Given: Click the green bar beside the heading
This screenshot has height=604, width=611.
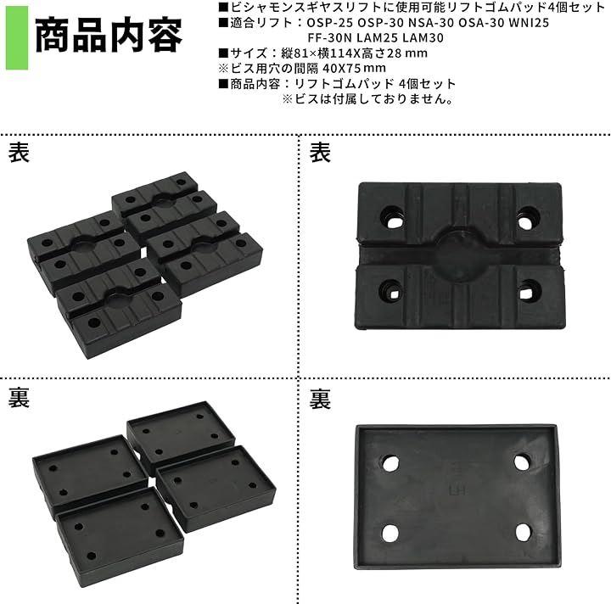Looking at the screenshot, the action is pyautogui.click(x=17, y=38).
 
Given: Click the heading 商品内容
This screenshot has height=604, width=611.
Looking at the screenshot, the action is pyautogui.click(x=109, y=36).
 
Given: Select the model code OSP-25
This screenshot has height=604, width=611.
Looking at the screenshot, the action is pyautogui.click(x=330, y=23).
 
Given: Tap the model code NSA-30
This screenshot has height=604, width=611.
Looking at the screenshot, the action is pyautogui.click(x=431, y=23).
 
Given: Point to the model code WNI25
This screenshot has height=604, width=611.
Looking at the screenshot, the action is pyautogui.click(x=529, y=23).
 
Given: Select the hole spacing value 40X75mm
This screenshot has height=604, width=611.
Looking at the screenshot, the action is pyautogui.click(x=355, y=68).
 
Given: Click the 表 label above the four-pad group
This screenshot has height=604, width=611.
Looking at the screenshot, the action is pyautogui.click(x=19, y=152).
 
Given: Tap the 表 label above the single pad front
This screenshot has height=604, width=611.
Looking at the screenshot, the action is pyautogui.click(x=320, y=152).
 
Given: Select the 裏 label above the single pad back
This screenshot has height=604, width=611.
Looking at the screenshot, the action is pyautogui.click(x=320, y=400).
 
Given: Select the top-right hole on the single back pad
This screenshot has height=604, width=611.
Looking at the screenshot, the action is pyautogui.click(x=522, y=462).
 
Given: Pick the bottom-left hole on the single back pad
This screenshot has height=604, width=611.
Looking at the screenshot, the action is pyautogui.click(x=390, y=533).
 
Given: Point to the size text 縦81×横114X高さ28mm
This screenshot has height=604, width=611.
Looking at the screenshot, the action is pyautogui.click(x=354, y=53).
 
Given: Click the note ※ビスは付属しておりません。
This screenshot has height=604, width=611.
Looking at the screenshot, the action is pyautogui.click(x=368, y=99).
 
